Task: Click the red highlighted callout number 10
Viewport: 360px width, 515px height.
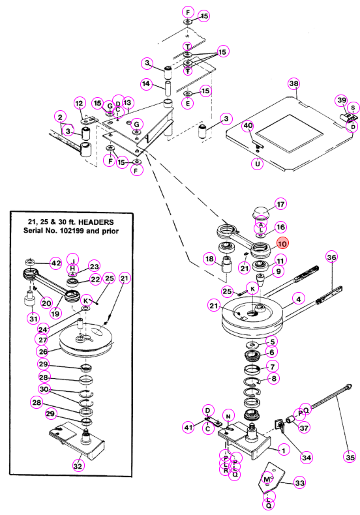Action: click(282, 244)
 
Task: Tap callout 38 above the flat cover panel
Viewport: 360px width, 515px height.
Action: click(293, 83)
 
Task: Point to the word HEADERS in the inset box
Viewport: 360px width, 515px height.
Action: click(96, 222)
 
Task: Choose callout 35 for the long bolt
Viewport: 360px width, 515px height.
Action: click(350, 457)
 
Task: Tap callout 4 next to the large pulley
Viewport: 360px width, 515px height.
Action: click(298, 299)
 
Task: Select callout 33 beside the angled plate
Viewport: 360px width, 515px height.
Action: click(299, 482)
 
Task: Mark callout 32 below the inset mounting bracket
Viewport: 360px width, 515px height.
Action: click(78, 465)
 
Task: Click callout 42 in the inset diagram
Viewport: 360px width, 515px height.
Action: click(56, 263)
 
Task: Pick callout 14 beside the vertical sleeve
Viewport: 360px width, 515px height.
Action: click(146, 83)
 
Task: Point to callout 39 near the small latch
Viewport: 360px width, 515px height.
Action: click(342, 100)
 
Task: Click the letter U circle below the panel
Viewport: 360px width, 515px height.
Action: click(257, 163)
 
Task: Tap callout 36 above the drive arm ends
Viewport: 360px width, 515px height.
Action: click(331, 257)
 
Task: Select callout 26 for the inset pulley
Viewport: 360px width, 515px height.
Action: click(43, 351)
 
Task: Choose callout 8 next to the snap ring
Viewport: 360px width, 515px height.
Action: click(274, 378)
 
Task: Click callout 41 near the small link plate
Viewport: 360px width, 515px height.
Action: click(188, 427)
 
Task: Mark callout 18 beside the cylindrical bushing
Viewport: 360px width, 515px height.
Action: click(209, 259)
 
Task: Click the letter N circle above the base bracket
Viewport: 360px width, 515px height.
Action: click(228, 416)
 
